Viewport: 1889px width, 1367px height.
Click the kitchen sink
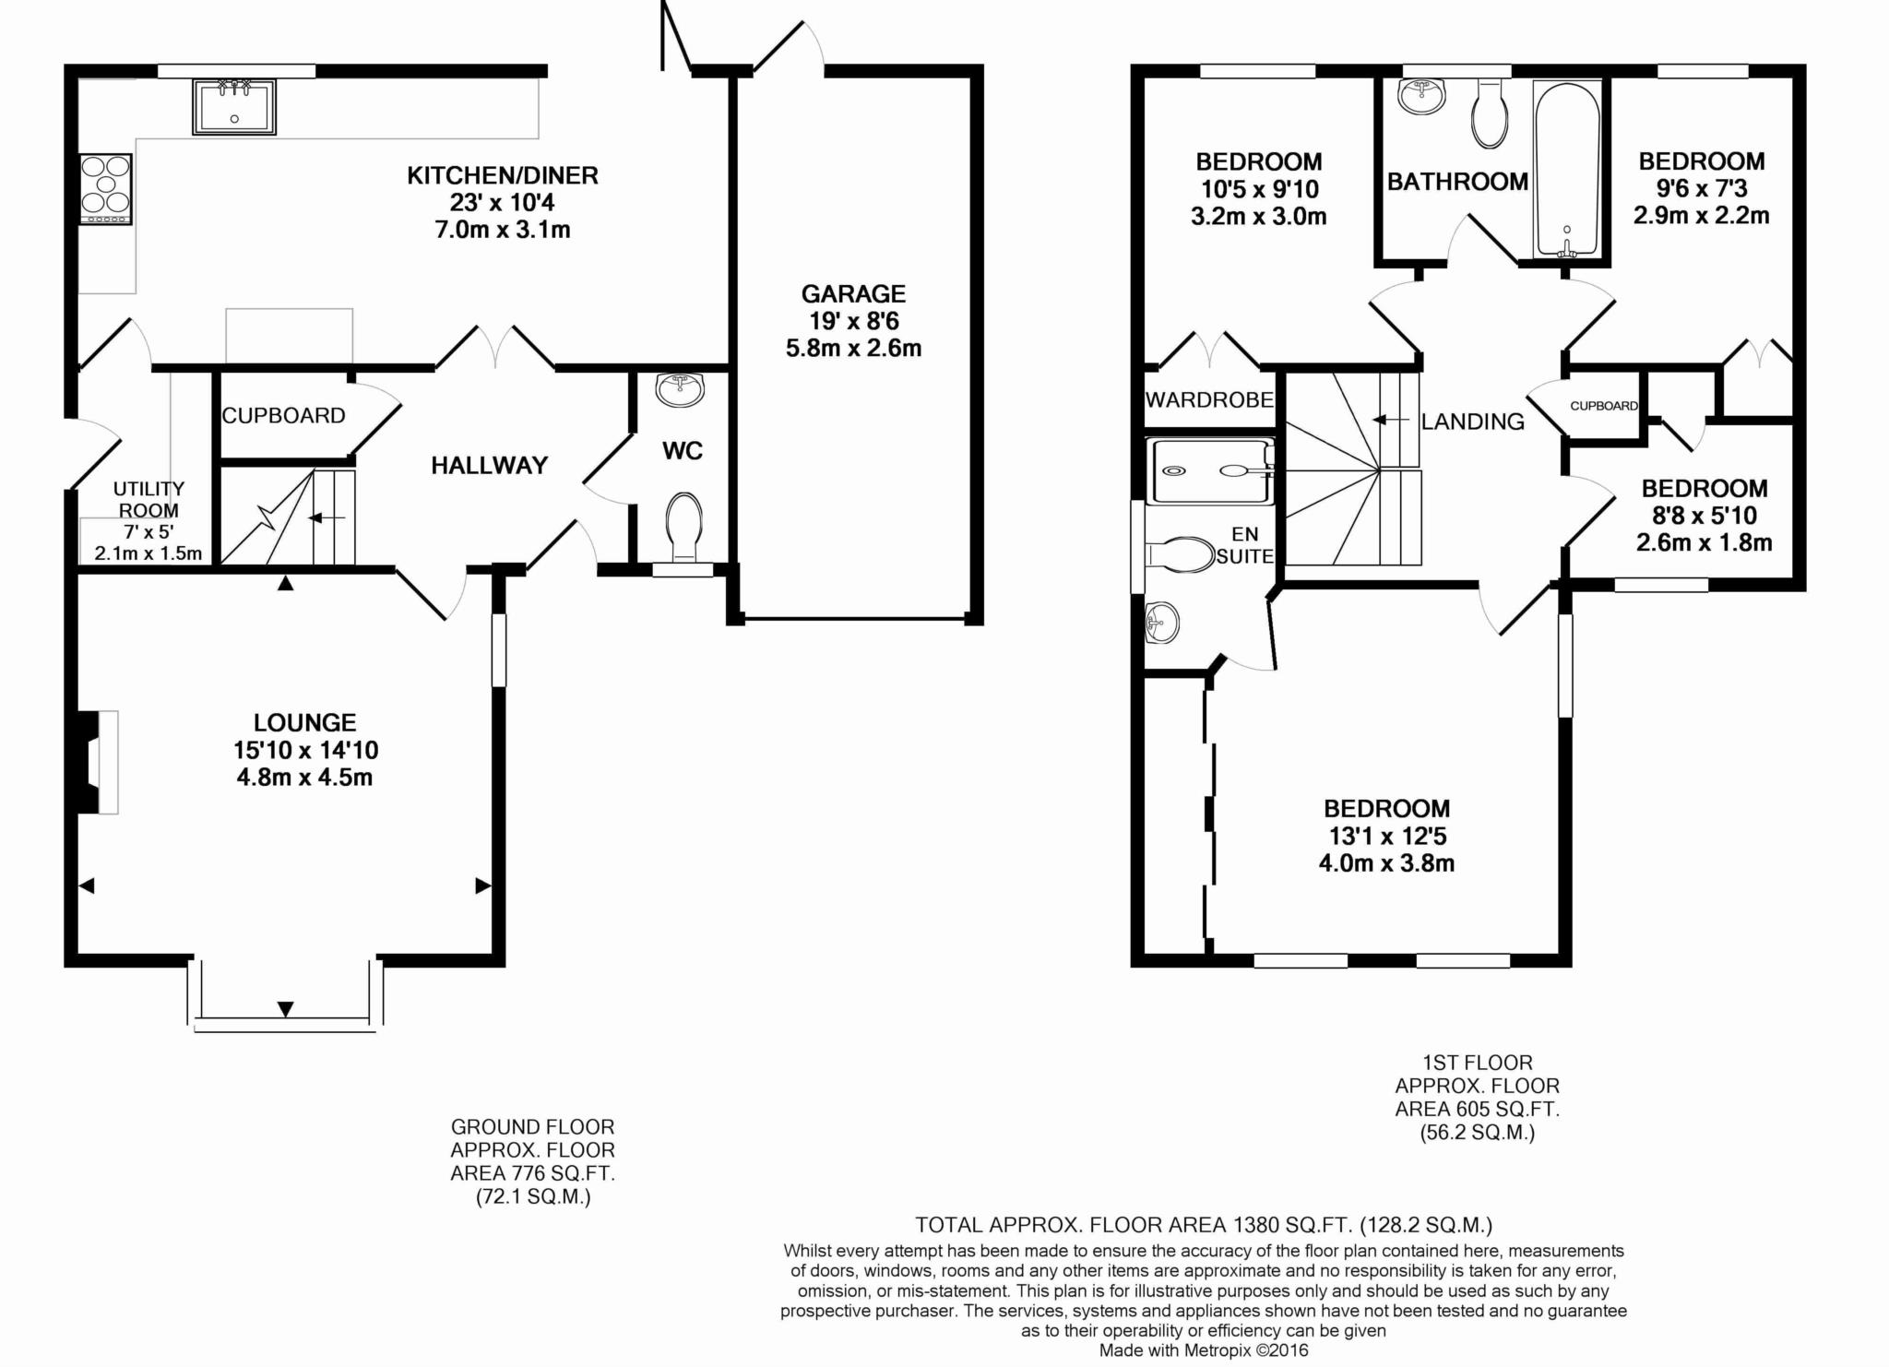(x=233, y=107)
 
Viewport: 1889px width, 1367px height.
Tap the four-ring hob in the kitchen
(x=106, y=188)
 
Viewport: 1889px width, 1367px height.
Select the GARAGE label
(x=853, y=294)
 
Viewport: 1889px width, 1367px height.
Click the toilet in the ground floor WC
(x=683, y=527)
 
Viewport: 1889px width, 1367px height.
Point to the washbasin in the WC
(x=680, y=389)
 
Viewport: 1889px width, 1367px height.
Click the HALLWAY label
(x=490, y=466)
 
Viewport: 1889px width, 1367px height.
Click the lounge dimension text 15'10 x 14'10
(x=306, y=750)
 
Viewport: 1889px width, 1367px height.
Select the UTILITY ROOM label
(x=149, y=499)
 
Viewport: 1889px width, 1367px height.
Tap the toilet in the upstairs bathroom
(x=1489, y=114)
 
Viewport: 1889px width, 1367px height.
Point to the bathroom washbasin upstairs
(x=1421, y=96)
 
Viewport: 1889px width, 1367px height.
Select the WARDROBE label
(x=1209, y=400)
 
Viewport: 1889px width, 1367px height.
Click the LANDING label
(x=1472, y=422)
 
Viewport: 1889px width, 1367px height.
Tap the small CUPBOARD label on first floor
(x=1604, y=406)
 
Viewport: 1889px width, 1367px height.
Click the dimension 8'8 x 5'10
(x=1704, y=516)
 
